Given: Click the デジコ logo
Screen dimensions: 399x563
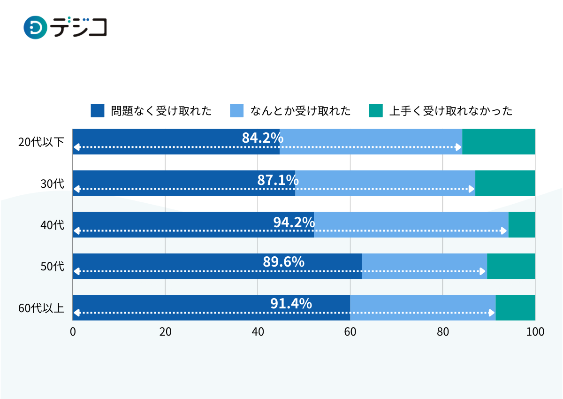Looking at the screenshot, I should (x=65, y=27).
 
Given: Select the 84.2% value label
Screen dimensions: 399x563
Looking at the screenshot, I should (x=262, y=138).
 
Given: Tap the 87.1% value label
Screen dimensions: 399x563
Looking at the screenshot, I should (x=278, y=180).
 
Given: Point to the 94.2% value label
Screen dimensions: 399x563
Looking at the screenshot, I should (x=294, y=222).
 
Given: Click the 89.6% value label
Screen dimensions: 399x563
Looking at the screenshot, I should (x=283, y=262).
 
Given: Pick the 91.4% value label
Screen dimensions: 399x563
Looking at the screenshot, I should (x=291, y=304).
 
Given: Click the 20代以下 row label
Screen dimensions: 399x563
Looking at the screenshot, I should (x=41, y=142).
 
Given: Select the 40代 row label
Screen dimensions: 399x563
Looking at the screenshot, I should (x=52, y=225).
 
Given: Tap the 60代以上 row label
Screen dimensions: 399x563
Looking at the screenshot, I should (x=41, y=308).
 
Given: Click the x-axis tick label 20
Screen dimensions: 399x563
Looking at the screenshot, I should (x=165, y=332).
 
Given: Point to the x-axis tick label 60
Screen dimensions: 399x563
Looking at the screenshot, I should (x=350, y=332).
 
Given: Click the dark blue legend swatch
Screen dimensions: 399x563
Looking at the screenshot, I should (x=98, y=111).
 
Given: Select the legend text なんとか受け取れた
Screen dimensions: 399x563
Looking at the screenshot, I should (x=300, y=111).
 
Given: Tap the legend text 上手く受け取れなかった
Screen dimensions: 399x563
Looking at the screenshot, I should (x=450, y=111).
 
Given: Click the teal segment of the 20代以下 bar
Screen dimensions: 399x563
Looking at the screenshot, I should (x=499, y=142).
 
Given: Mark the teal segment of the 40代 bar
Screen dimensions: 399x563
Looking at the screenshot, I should (x=522, y=224).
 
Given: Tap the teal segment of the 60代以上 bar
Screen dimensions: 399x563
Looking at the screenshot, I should (x=515, y=307).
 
